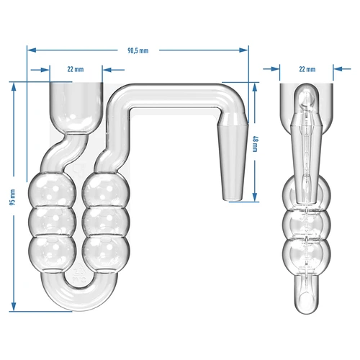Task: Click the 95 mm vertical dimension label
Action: click(12, 196)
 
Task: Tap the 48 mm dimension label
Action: click(255, 145)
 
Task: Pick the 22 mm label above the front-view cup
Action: click(76, 69)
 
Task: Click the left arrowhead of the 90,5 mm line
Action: click(32, 50)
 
